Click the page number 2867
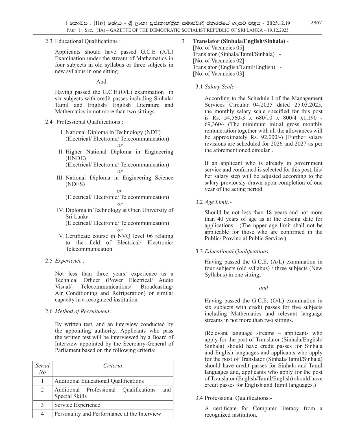click(x=316, y=23)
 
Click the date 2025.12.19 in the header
click(x=278, y=23)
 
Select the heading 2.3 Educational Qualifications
click(x=83, y=41)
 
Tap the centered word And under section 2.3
click(x=101, y=82)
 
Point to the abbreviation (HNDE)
click(x=76, y=158)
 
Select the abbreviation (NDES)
click(x=75, y=184)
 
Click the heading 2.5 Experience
click(x=65, y=261)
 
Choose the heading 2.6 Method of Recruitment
click(x=79, y=311)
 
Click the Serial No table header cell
click(x=42, y=369)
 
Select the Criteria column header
click(x=112, y=366)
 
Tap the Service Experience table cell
click(x=77, y=405)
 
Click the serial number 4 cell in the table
click(x=42, y=414)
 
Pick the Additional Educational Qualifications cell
click(x=99, y=381)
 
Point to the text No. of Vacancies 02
click(x=219, y=60)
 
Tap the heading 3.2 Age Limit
click(x=213, y=202)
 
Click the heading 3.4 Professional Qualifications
click(x=234, y=398)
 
